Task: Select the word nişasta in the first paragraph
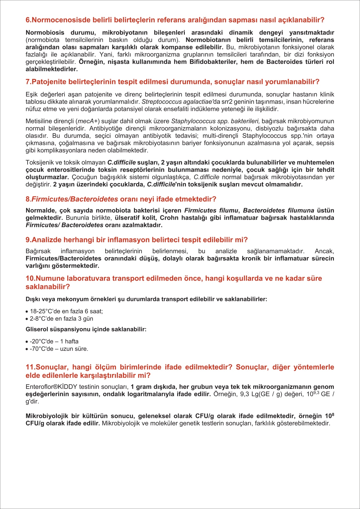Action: (118, 62)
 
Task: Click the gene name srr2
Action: (227, 102)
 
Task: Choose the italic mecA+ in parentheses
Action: (88, 121)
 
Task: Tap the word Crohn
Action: (169, 218)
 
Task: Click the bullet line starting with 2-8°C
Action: (61, 319)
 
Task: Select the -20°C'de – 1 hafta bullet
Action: (54, 342)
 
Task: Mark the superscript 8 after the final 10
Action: (333, 414)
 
